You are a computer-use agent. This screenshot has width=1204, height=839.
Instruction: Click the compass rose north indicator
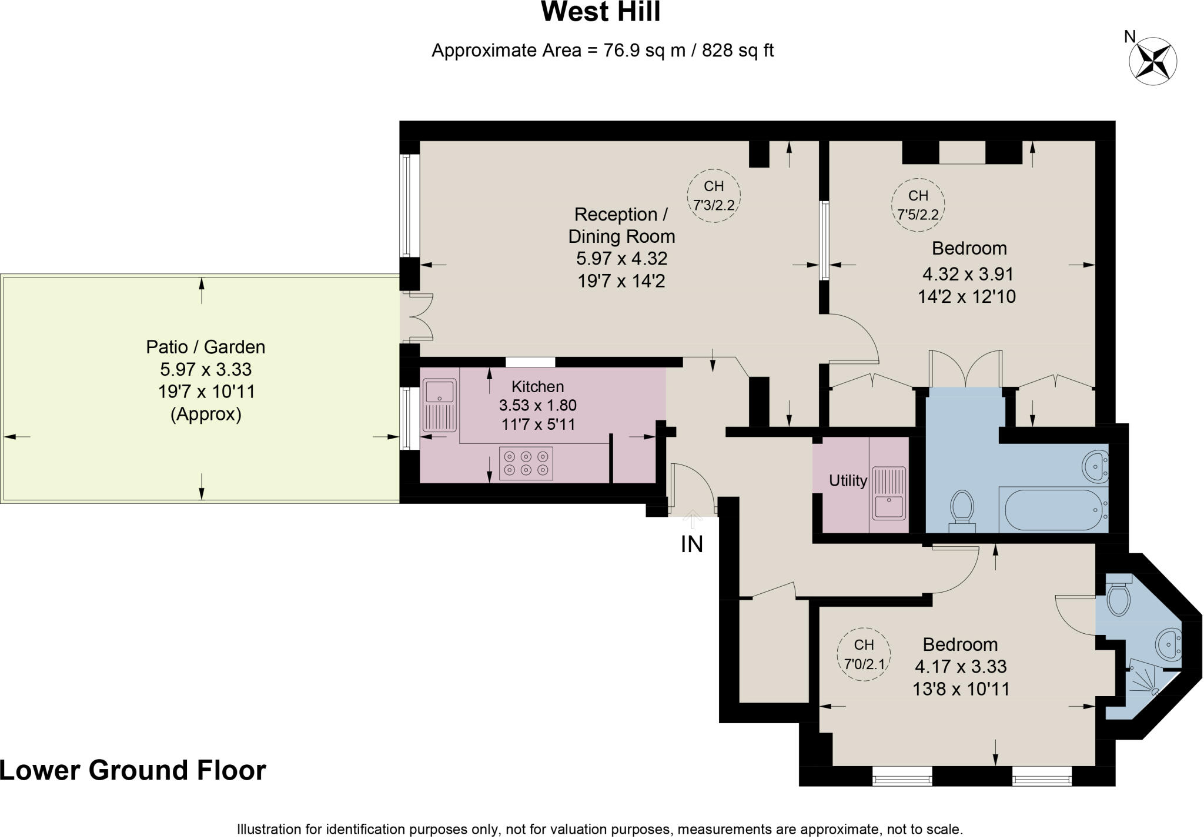point(1152,60)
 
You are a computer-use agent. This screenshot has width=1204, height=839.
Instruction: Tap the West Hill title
point(600,12)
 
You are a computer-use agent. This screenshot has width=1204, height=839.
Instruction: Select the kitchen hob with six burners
point(526,463)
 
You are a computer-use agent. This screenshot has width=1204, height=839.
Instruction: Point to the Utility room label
point(848,481)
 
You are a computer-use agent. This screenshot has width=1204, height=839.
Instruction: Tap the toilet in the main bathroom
point(962,509)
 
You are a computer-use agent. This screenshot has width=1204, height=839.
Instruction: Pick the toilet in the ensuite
point(1118,596)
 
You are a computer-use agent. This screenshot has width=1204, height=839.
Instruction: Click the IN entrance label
point(692,544)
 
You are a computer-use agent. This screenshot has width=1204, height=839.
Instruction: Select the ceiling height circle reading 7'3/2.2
point(714,196)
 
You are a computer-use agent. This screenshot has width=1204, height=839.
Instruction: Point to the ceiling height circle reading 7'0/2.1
point(864,654)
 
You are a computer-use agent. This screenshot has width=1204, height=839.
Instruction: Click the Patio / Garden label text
point(205,347)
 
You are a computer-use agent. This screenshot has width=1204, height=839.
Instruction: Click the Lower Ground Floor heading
point(133,770)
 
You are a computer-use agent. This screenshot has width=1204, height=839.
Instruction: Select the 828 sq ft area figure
point(737,51)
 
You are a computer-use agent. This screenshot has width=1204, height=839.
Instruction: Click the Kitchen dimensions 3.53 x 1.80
point(537,405)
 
